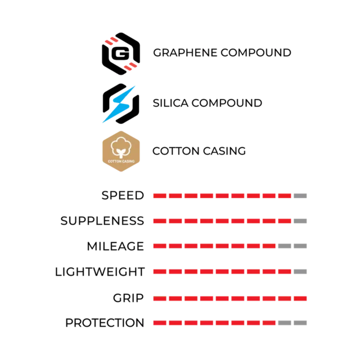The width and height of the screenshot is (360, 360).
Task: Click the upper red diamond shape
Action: click(x=112, y=40)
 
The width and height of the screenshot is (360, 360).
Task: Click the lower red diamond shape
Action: click(x=130, y=67)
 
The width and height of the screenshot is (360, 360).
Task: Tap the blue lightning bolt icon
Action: click(x=120, y=104)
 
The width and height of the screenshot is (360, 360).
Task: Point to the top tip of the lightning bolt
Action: click(x=137, y=83)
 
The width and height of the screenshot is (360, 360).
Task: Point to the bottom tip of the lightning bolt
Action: click(x=101, y=123)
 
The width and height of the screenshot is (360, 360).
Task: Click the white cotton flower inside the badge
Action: click(x=121, y=145)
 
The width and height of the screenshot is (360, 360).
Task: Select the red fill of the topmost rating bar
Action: click(x=222, y=196)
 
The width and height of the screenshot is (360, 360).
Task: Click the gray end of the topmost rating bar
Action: click(x=301, y=196)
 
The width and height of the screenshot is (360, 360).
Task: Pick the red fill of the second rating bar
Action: click(x=222, y=220)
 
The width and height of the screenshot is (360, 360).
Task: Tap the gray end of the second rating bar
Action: click(x=301, y=220)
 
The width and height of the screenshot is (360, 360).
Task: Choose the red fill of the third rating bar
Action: click(x=214, y=245)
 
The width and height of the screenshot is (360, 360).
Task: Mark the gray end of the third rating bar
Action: click(x=294, y=245)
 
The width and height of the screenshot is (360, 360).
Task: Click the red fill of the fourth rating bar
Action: click(x=222, y=271)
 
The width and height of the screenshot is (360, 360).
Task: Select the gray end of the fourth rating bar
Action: click(x=301, y=271)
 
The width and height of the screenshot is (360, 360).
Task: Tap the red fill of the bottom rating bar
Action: click(x=214, y=323)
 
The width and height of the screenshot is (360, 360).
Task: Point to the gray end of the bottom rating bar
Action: click(x=294, y=323)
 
